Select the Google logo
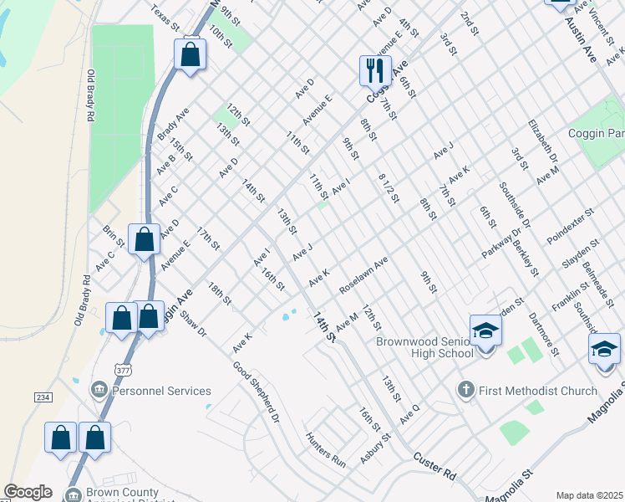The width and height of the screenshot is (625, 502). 28,492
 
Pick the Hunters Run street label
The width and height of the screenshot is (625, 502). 326,449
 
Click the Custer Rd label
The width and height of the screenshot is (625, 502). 434,467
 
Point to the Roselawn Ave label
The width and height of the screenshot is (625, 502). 363,275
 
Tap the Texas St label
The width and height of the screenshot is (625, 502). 165,18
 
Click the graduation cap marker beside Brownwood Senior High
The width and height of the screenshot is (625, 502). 485,331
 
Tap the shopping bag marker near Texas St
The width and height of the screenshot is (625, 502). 191,56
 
